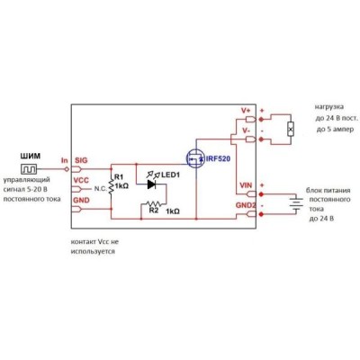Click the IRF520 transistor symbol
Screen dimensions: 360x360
(195, 158)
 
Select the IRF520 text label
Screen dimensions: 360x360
(218, 158)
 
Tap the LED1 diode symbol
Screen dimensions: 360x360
(151, 184)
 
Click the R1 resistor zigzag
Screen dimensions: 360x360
(112, 186)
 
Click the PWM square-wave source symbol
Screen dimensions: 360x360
(29, 169)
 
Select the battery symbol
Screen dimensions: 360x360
(296, 204)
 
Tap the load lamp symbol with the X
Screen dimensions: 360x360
(290, 129)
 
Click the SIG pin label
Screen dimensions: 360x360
(81, 160)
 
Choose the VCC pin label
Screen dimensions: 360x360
(81, 180)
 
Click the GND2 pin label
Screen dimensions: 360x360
(246, 206)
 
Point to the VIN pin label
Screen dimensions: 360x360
(246, 185)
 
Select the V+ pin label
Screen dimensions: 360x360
(246, 111)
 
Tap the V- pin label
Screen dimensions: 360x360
(246, 130)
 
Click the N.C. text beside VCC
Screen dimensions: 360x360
(100, 189)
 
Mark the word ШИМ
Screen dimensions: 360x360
(30, 157)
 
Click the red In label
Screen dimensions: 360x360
(65, 160)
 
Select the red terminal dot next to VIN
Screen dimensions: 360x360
(261, 194)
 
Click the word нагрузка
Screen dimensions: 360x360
(329, 107)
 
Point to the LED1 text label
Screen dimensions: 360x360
(170, 175)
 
